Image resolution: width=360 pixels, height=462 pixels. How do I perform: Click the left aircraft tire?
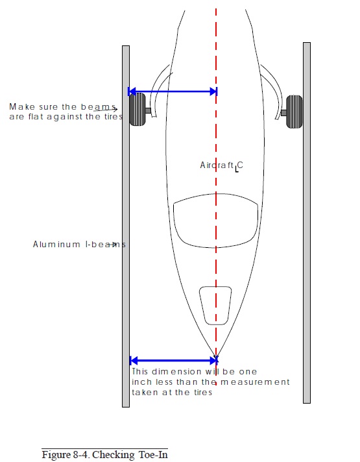138,109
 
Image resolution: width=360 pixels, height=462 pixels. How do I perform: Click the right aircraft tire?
294,112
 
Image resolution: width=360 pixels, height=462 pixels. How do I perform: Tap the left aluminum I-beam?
126,226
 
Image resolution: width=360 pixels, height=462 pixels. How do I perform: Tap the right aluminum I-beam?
307,223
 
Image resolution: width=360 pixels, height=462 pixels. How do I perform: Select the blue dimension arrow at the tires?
173,91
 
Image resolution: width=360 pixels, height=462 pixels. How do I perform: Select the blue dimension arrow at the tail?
174,360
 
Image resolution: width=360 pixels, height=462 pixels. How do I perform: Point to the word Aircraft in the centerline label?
217,165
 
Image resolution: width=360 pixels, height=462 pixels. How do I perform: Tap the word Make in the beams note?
22,106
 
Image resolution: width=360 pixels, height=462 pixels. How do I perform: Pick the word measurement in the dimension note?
255,382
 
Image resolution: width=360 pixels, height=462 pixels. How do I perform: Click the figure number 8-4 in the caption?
80,455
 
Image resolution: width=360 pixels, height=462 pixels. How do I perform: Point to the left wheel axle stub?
148,110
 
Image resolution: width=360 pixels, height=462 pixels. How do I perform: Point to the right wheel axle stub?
283,112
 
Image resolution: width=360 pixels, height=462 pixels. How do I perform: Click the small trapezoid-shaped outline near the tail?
215,306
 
